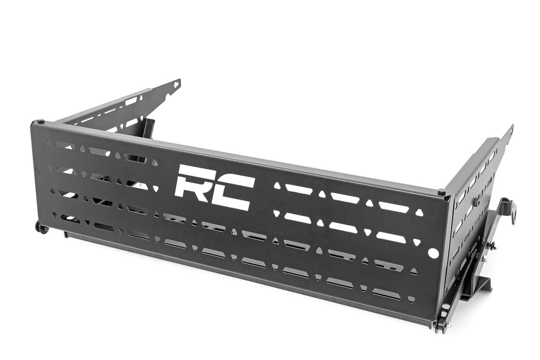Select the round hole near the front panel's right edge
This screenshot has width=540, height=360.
434,253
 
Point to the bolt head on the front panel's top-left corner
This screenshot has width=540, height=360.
41,122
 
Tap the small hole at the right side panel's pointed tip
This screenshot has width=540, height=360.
509,132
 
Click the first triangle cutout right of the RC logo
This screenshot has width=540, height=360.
277,185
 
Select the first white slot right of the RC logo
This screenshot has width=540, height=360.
299,189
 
